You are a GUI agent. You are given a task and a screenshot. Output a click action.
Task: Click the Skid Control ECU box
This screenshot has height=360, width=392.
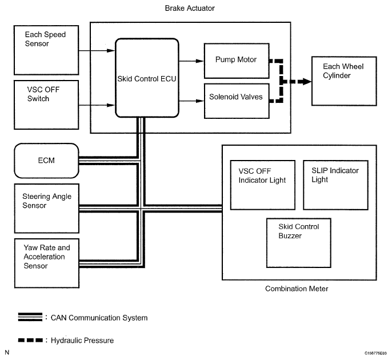click(147, 78)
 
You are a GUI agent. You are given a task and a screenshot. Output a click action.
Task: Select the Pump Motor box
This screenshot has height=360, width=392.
click(237, 61)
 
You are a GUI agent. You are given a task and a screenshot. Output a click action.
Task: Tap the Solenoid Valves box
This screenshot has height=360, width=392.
click(237, 101)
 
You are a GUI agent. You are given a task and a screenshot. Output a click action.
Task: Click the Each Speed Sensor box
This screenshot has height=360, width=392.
click(46, 50)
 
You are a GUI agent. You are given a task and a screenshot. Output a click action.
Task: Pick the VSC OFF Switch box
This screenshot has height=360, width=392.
click(46, 105)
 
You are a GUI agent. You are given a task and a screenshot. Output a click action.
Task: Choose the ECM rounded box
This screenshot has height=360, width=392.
click(46, 161)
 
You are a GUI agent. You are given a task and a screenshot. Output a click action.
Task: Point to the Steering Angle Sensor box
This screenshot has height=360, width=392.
click(47, 209)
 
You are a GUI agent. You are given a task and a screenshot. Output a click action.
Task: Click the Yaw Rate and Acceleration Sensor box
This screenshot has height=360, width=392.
click(47, 263)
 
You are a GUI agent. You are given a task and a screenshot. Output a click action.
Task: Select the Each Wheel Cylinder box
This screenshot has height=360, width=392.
click(344, 81)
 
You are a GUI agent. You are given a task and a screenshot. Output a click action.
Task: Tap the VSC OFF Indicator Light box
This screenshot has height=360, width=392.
click(262, 185)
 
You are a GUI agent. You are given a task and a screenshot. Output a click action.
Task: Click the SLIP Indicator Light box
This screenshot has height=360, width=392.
click(335, 185)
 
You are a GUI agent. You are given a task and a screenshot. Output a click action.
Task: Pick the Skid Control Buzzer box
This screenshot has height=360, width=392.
click(299, 243)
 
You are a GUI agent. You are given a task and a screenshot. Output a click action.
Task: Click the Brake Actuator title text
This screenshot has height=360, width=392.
click(190, 8)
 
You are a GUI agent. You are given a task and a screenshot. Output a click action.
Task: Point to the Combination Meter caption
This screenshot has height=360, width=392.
click(297, 289)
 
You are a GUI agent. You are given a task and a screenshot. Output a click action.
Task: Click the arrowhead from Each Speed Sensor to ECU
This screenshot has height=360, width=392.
click(111, 50)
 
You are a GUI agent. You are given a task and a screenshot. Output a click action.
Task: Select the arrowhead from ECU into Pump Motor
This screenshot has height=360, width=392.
click(200, 61)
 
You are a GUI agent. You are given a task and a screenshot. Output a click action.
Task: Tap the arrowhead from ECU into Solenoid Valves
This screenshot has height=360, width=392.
click(200, 101)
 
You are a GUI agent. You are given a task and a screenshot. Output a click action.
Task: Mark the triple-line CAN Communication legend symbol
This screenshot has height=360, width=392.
click(30, 317)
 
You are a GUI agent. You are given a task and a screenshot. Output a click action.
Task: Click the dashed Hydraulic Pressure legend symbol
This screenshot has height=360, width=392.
click(30, 340)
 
